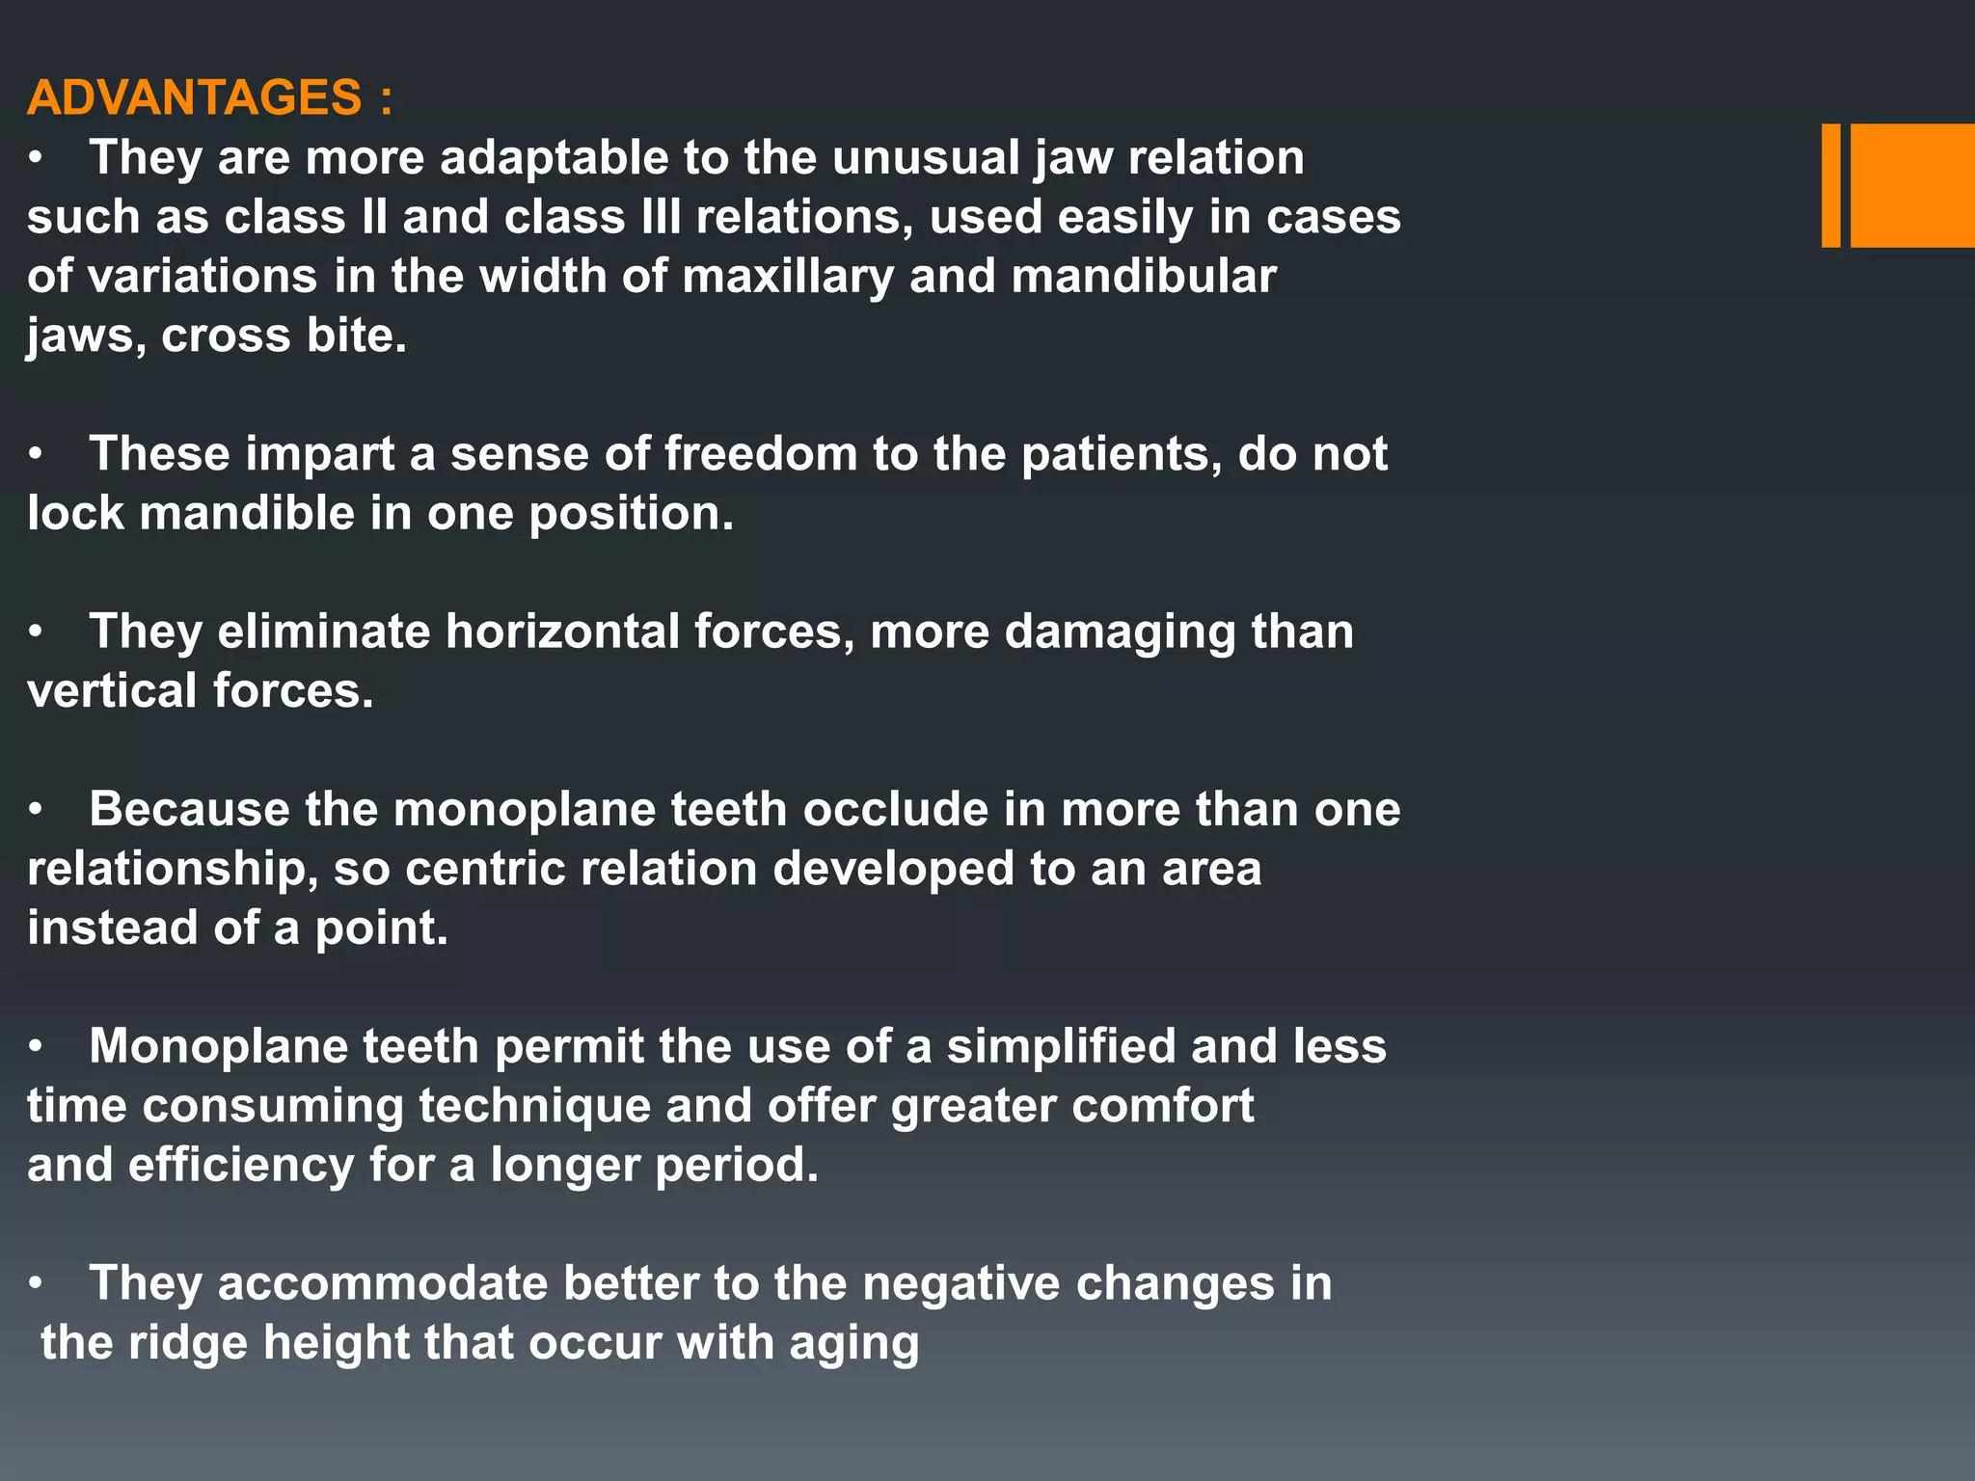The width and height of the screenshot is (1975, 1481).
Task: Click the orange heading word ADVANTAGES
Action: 194,97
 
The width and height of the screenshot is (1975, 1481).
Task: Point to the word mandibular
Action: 1144,277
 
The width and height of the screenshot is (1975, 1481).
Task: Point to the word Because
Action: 189,809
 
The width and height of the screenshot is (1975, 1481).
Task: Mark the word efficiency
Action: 241,1165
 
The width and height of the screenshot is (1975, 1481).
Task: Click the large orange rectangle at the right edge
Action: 1911,185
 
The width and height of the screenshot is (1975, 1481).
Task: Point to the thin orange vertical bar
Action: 1830,185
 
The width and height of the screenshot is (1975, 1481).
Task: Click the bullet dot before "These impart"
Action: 36,454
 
